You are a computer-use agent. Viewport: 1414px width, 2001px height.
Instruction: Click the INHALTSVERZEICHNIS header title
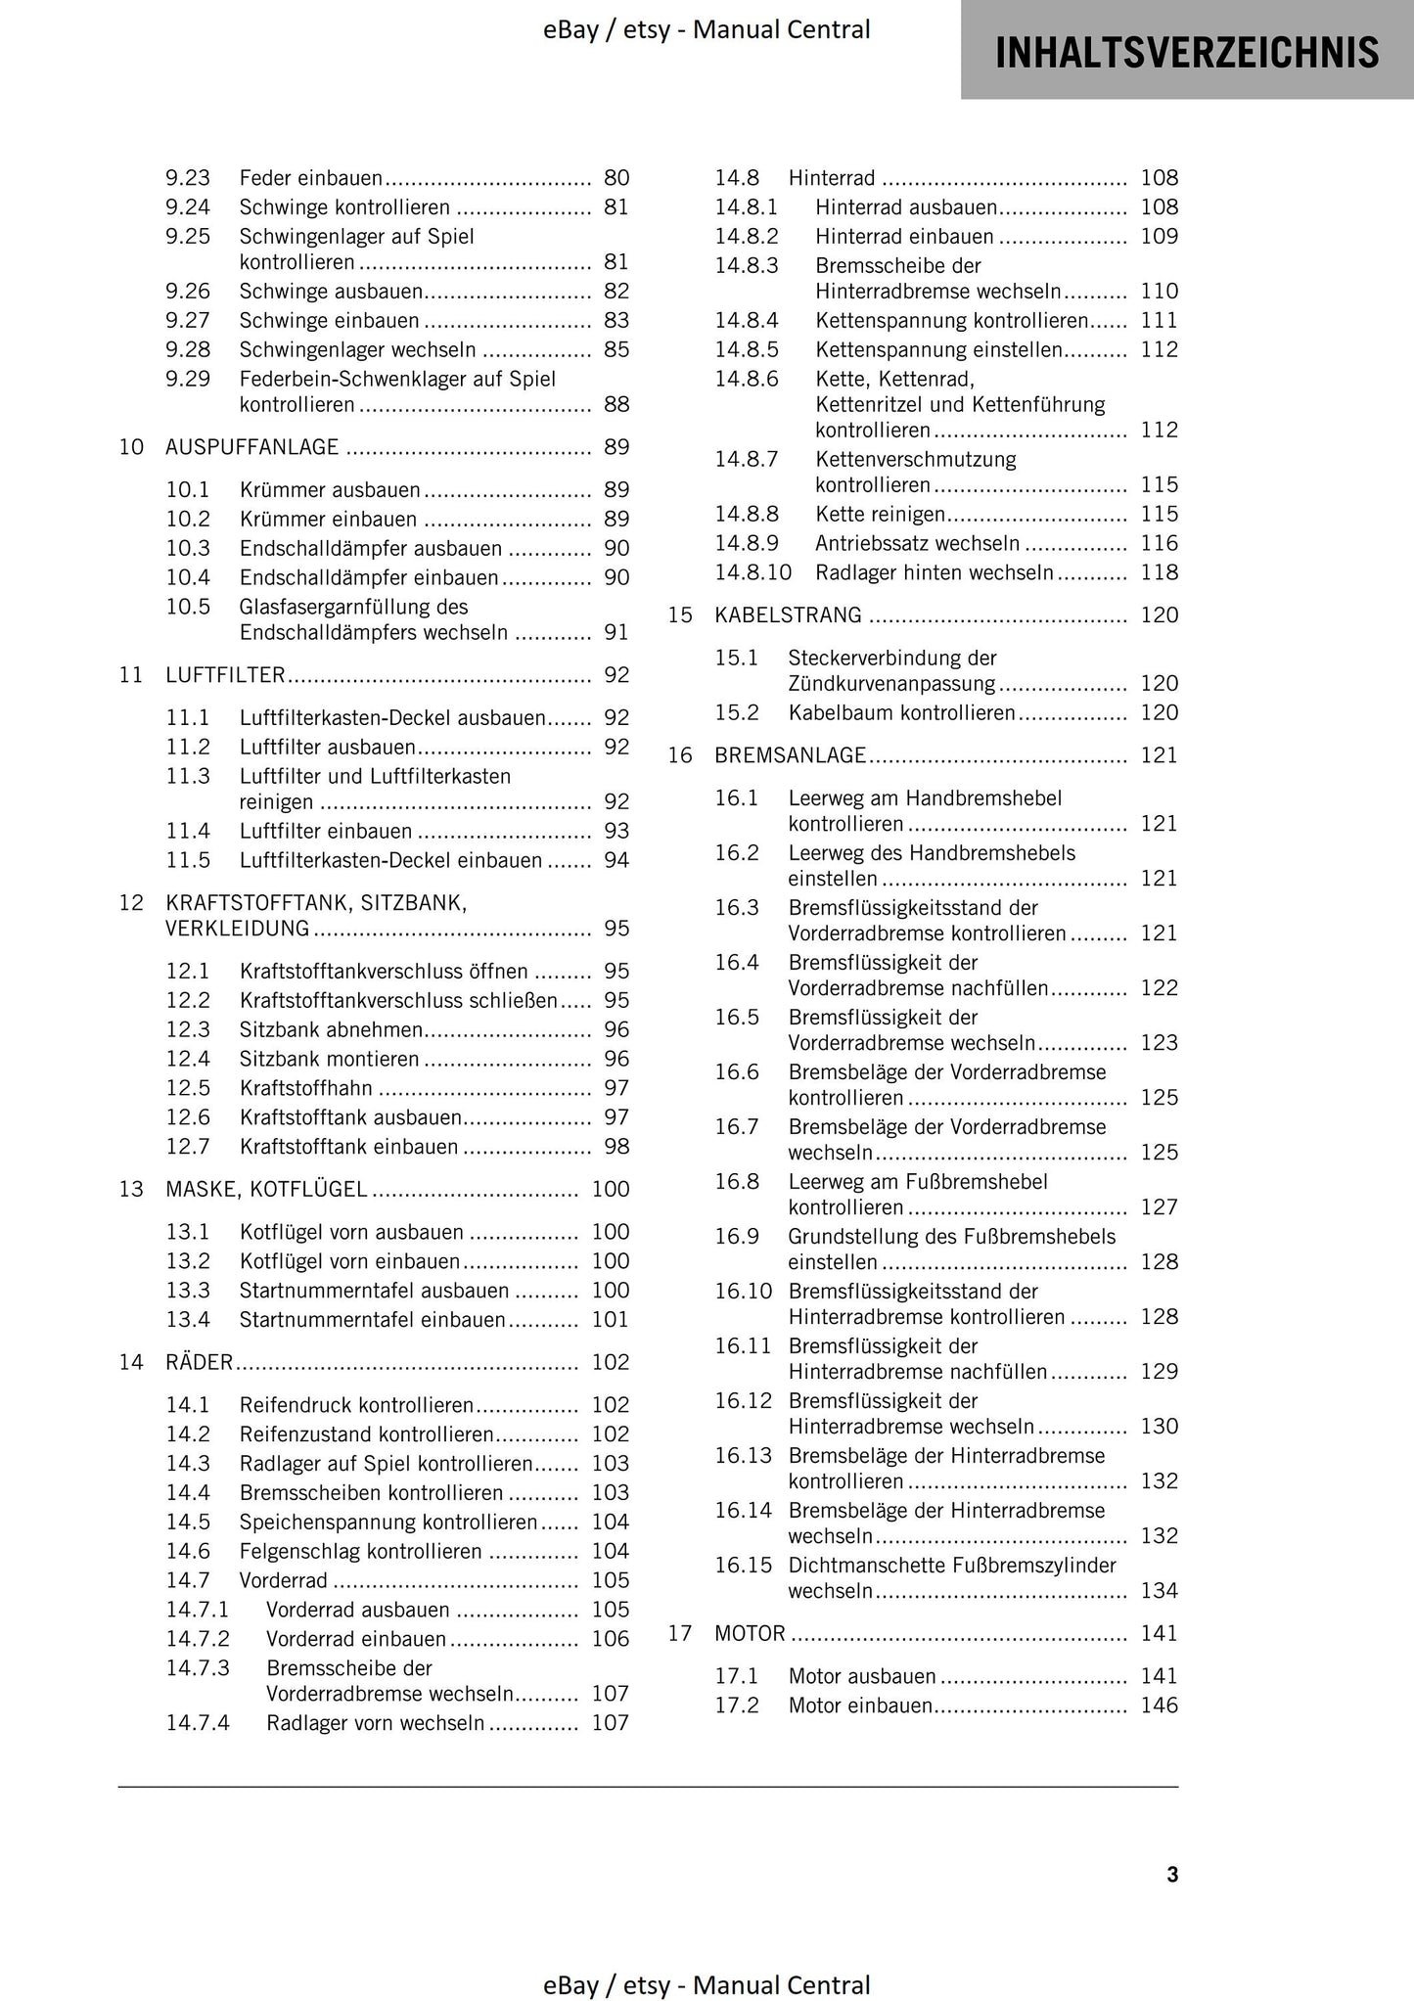pyautogui.click(x=1187, y=52)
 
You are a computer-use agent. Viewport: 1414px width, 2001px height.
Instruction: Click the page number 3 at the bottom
pyautogui.click(x=1172, y=1875)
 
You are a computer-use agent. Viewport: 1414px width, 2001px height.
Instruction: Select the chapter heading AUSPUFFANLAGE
pyautogui.click(x=251, y=447)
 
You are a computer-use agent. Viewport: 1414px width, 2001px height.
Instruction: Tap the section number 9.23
pyautogui.click(x=187, y=178)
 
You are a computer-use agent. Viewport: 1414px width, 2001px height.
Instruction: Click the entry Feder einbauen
pyautogui.click(x=310, y=178)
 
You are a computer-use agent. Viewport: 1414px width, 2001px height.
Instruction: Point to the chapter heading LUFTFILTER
pyautogui.click(x=225, y=675)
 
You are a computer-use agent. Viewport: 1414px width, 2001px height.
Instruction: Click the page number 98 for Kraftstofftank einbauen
pyautogui.click(x=616, y=1147)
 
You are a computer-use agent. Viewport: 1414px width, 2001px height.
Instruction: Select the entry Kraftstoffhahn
pyautogui.click(x=305, y=1088)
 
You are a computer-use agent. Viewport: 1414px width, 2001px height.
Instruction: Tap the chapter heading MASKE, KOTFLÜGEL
pyautogui.click(x=266, y=1190)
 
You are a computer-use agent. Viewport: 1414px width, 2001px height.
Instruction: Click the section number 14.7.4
pyautogui.click(x=197, y=1723)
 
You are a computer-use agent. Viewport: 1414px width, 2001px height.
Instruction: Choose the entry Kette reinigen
pyautogui.click(x=880, y=515)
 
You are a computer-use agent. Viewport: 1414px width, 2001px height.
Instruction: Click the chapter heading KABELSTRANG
pyautogui.click(x=788, y=615)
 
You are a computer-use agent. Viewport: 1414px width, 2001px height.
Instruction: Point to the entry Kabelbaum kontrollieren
pyautogui.click(x=901, y=713)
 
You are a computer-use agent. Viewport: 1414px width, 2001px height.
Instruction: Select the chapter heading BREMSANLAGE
pyautogui.click(x=790, y=755)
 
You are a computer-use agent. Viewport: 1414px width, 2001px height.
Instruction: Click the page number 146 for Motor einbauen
pyautogui.click(x=1159, y=1705)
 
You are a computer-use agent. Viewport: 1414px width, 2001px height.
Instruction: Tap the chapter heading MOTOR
pyautogui.click(x=750, y=1633)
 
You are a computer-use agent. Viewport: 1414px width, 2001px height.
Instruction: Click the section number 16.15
pyautogui.click(x=743, y=1566)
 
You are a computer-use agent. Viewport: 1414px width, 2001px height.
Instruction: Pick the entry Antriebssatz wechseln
pyautogui.click(x=917, y=544)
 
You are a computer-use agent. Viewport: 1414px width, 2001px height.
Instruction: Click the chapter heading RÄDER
pyautogui.click(x=199, y=1362)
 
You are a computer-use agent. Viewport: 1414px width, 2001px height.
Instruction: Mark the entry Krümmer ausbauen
pyautogui.click(x=329, y=490)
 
